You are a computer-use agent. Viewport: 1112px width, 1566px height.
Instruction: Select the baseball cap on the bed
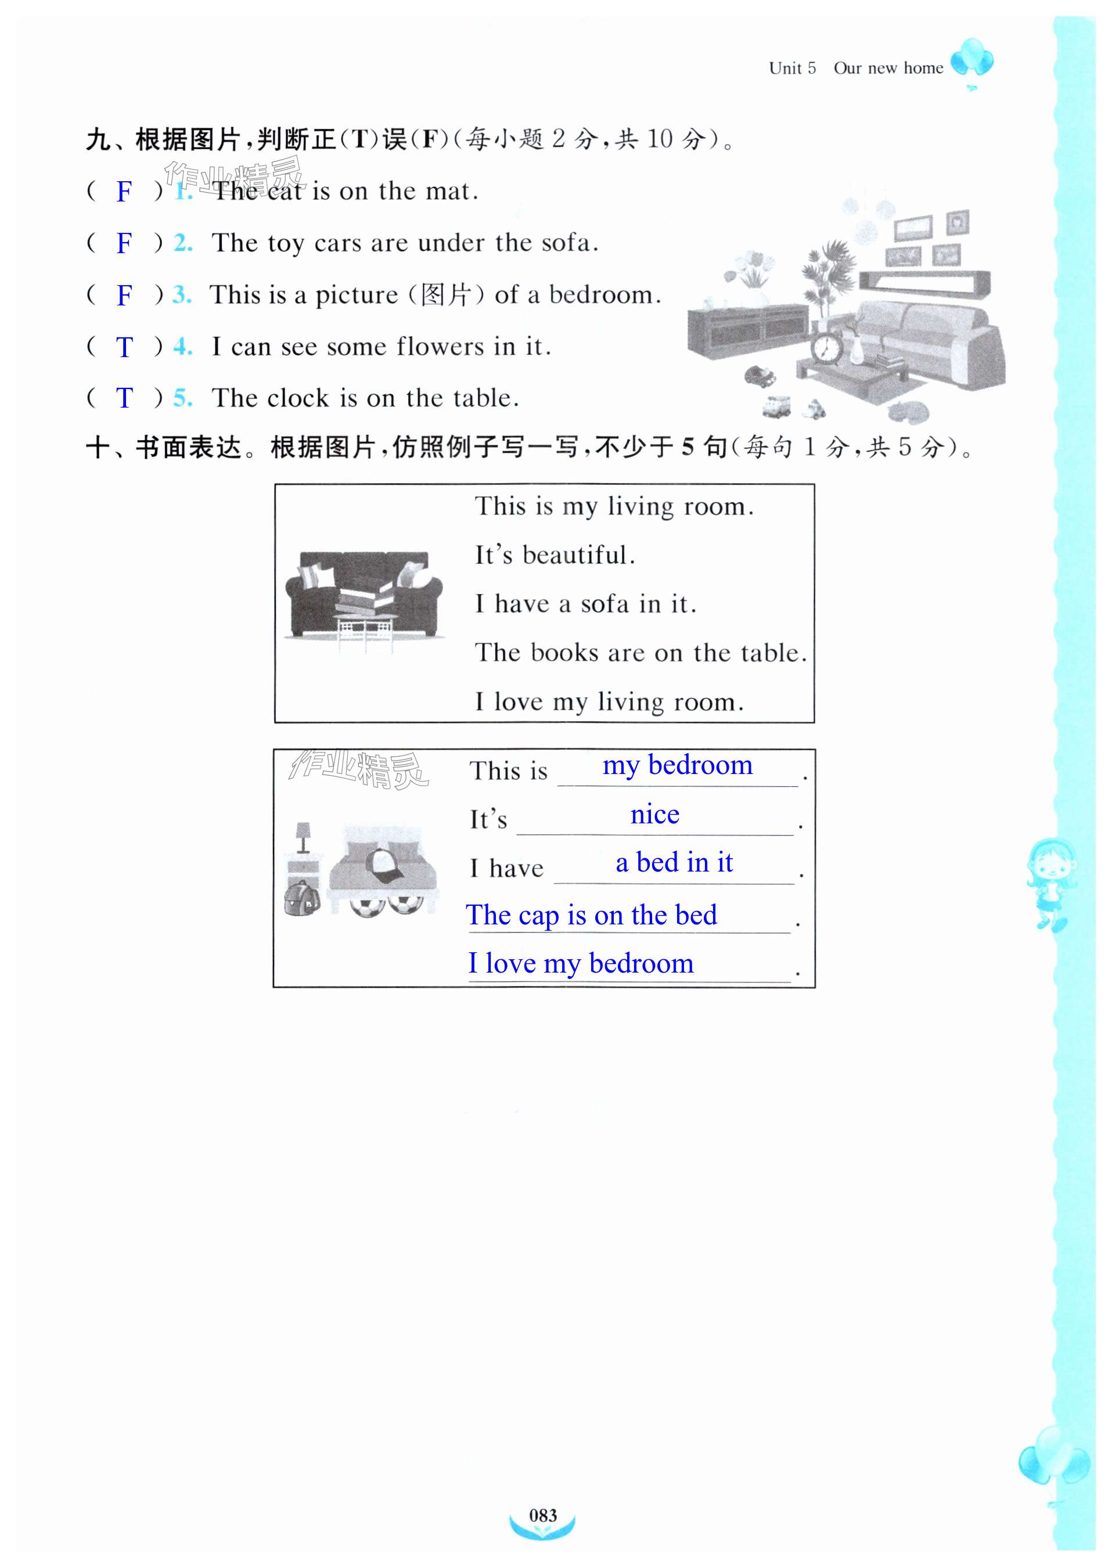click(x=386, y=867)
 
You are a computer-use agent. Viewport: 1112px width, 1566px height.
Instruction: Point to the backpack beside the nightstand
click(x=302, y=897)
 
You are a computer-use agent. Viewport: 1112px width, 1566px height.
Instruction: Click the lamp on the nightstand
click(x=303, y=837)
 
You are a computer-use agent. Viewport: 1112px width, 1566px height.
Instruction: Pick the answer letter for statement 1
click(x=124, y=192)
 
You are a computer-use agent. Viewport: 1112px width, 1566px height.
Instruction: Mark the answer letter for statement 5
click(x=124, y=398)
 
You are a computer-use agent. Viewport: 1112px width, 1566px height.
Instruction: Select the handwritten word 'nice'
click(x=654, y=814)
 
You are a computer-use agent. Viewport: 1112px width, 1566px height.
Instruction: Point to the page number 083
click(x=543, y=1515)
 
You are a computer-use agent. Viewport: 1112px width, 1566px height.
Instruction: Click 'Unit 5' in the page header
click(x=792, y=68)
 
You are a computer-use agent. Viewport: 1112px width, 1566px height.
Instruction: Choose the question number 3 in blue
click(x=181, y=294)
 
